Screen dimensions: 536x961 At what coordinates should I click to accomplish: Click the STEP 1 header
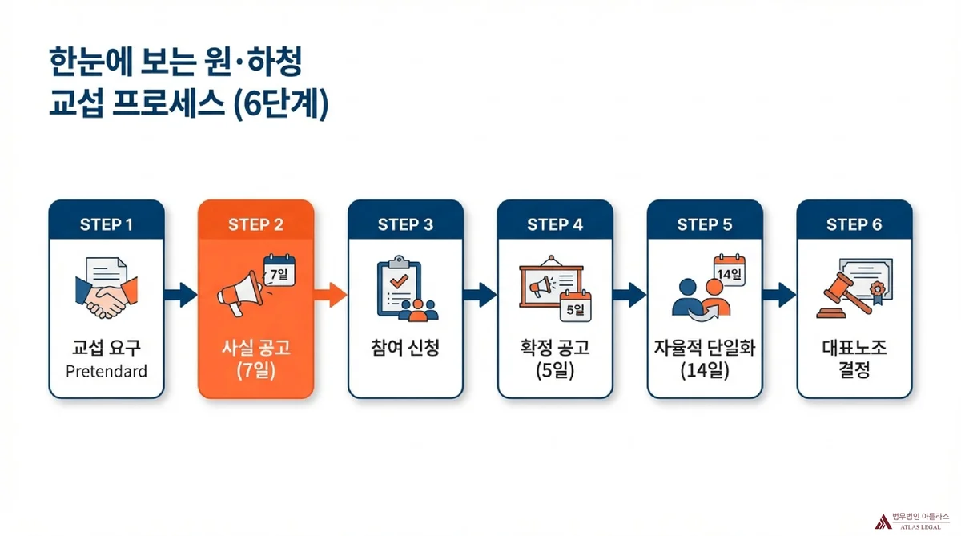107,224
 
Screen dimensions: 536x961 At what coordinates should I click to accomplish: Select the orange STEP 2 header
255,224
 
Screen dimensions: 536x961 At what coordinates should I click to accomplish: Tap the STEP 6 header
854,224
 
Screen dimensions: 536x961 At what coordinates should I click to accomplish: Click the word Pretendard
107,372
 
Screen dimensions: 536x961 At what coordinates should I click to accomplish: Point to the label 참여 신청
405,350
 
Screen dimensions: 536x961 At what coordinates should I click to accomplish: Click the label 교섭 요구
107,349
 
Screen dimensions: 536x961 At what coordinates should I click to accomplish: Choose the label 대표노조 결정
854,361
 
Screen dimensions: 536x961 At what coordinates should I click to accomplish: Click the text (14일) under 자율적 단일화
705,372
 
